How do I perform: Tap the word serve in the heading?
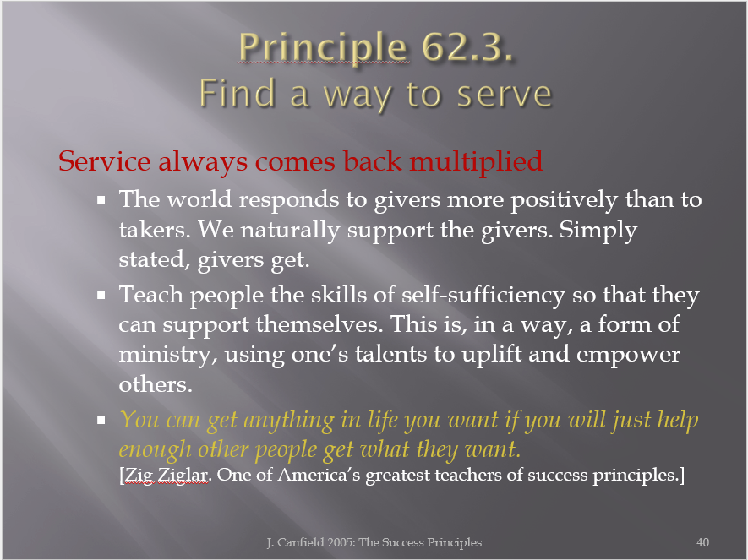point(505,95)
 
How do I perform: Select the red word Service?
point(105,161)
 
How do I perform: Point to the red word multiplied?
point(476,161)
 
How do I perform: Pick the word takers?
point(155,230)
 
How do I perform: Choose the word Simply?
point(598,231)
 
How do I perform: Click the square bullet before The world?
point(101,199)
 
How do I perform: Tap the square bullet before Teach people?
point(101,296)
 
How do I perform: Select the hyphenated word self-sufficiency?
point(483,295)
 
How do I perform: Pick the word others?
point(156,384)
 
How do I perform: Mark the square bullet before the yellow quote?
point(101,420)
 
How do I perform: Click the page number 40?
point(702,542)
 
